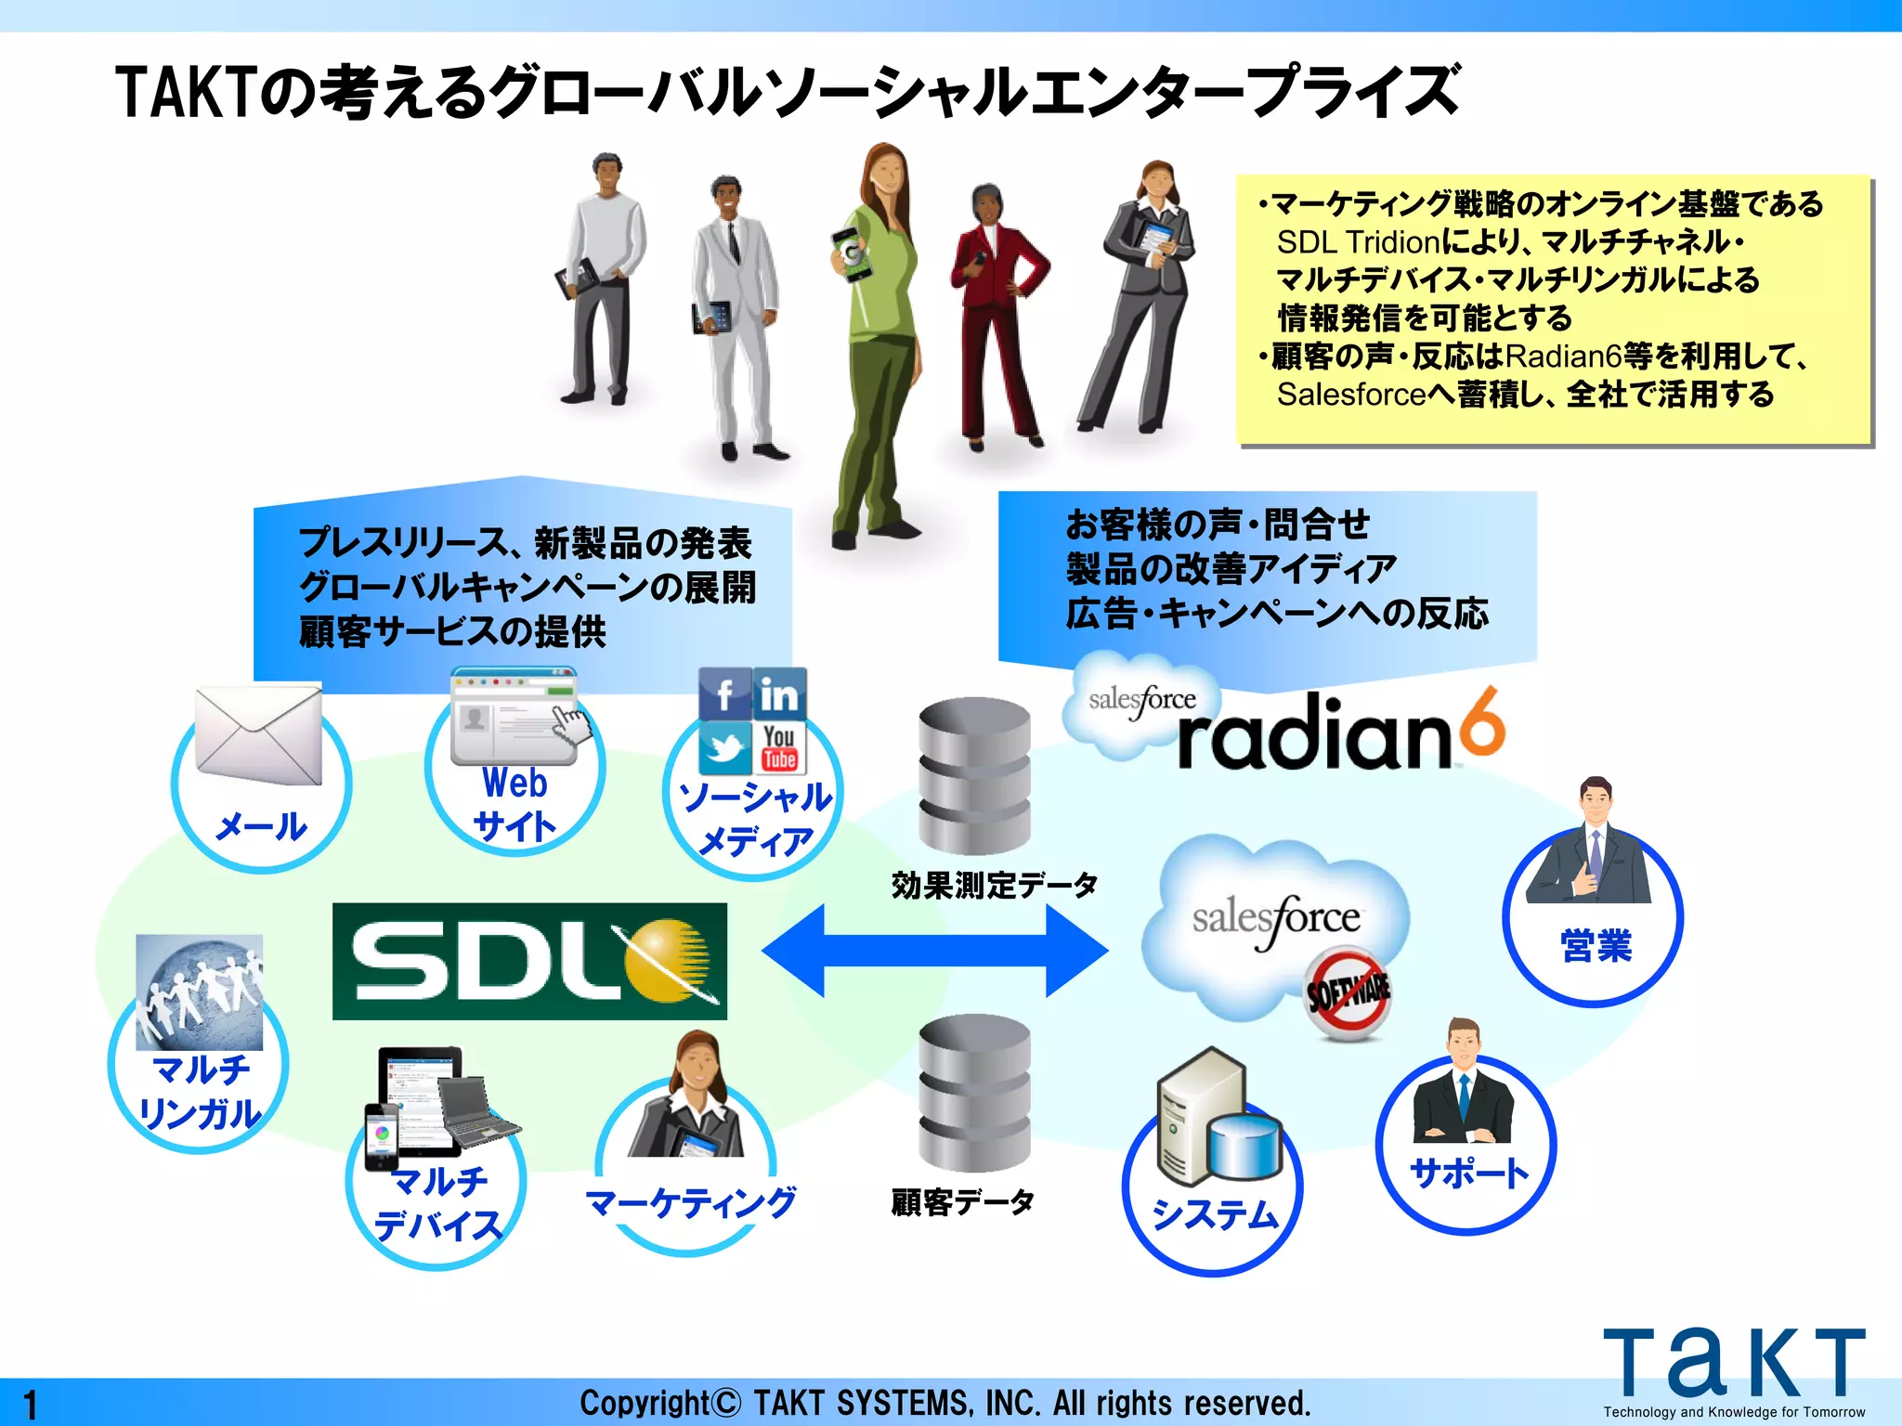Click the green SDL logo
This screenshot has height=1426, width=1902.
coord(529,961)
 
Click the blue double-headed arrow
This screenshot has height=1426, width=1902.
coord(934,950)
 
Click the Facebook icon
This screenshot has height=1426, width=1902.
coord(724,694)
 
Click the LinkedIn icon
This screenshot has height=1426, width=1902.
coord(779,694)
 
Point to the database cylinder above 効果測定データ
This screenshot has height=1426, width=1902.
coord(974,775)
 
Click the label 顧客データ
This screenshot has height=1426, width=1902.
coord(962,1202)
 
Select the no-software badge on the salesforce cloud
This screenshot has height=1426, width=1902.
coord(1348,993)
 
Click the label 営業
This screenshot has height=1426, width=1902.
coord(1596,946)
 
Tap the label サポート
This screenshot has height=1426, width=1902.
coord(1468,1173)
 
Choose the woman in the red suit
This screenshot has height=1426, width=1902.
coord(996,316)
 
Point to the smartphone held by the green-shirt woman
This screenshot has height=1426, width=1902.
coord(852,253)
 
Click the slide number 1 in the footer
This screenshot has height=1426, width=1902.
coord(31,1404)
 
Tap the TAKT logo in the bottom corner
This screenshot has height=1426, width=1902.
coord(1733,1365)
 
